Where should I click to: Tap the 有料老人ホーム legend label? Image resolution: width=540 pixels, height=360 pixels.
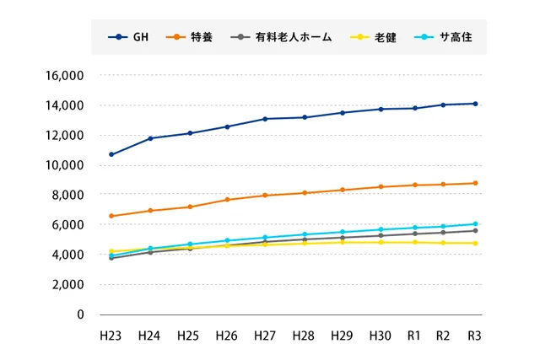(283, 37)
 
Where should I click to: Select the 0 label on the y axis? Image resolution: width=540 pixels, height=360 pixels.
(81, 314)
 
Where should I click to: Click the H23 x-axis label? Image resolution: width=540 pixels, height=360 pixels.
(111, 336)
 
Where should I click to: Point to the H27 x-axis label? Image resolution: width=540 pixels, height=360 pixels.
(265, 336)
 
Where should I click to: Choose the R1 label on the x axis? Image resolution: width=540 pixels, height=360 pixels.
(415, 336)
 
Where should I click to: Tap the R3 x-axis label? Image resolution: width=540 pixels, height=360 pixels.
(475, 336)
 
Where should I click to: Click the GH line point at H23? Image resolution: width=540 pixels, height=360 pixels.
(111, 154)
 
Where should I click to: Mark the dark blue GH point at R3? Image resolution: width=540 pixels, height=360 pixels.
(475, 104)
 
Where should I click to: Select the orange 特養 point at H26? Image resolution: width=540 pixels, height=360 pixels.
(227, 200)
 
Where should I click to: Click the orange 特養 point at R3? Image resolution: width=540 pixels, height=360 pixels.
(475, 183)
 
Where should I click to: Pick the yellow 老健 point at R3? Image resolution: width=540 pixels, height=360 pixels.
(475, 243)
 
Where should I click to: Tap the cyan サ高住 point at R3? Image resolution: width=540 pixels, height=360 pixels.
(475, 224)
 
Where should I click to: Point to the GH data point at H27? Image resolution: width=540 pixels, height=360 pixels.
(265, 119)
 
